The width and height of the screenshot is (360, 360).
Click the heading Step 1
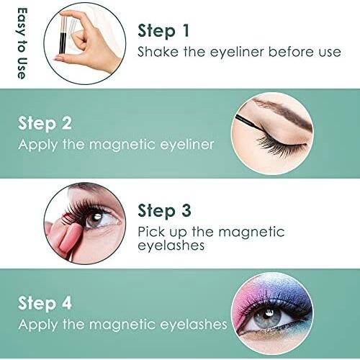click(163, 31)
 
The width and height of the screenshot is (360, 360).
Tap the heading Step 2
click(45, 124)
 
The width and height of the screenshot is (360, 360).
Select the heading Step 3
click(164, 211)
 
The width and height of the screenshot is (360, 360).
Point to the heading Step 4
click(45, 303)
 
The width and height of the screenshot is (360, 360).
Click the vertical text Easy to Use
click(22, 43)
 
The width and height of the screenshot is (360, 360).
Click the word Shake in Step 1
click(158, 52)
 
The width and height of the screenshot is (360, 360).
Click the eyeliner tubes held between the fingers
click(63, 34)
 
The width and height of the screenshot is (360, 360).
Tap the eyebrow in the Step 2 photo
click(283, 112)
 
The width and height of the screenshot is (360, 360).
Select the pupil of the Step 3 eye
click(96, 219)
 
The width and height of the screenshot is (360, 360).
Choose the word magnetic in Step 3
click(251, 232)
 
